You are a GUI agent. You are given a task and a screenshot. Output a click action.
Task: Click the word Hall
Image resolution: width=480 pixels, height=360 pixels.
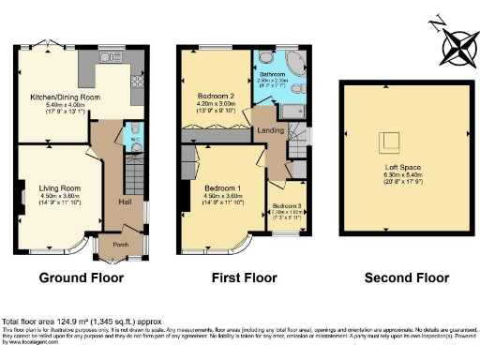(124, 201)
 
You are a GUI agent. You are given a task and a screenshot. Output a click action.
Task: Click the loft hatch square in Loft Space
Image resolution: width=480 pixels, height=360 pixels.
(386, 142)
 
